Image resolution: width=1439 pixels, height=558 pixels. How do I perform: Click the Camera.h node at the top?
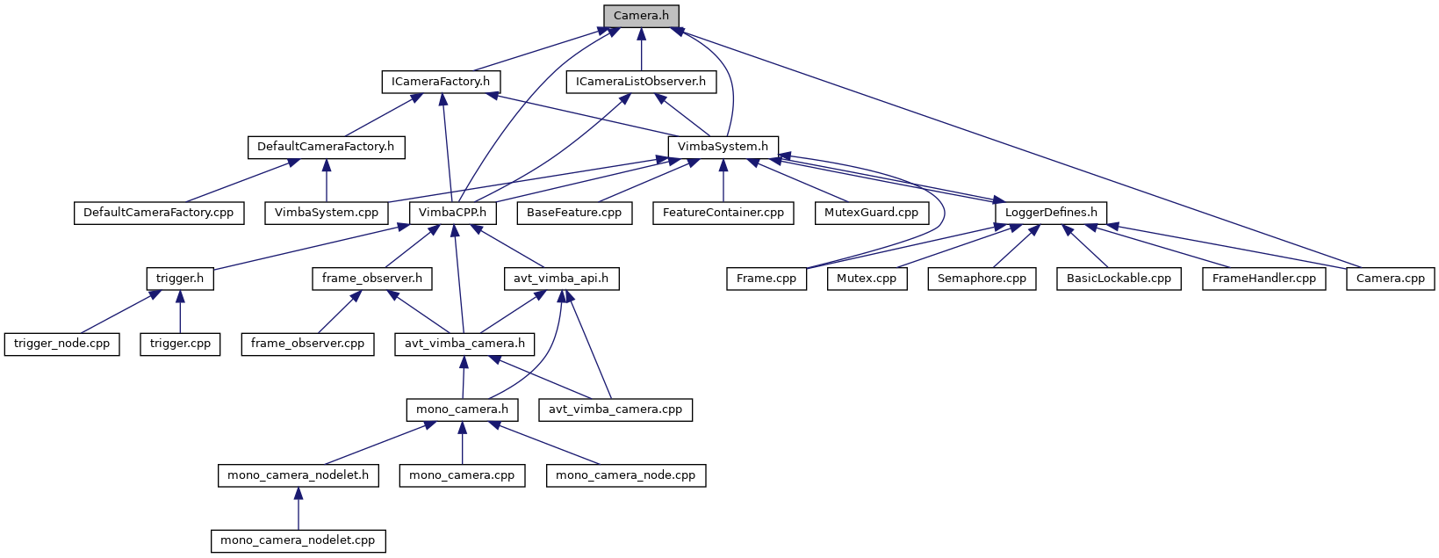641,16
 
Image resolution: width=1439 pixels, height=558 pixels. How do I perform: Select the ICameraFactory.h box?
441,82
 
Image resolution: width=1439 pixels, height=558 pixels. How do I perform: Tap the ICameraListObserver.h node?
641,82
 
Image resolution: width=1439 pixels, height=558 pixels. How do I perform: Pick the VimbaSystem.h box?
723,147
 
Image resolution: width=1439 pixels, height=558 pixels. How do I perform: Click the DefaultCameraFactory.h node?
326,147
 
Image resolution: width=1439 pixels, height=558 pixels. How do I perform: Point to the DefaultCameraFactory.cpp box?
158,213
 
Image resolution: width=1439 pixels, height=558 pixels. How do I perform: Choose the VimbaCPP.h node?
452,213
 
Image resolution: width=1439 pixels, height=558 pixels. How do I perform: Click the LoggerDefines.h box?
1051,213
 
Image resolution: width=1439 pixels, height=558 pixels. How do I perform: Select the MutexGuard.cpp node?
871,213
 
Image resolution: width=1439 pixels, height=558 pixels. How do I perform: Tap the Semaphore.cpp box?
982,279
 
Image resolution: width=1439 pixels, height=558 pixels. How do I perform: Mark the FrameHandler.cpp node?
1263,279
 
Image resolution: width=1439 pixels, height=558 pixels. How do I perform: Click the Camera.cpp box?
1391,279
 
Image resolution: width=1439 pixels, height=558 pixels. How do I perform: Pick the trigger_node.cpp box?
61,344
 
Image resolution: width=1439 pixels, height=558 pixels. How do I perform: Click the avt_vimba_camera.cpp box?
615,409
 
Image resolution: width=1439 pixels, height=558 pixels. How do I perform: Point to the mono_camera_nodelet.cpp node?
298,540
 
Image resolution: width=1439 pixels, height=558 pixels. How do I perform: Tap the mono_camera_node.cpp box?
625,475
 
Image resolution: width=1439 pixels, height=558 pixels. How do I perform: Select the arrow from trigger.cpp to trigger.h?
180,312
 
